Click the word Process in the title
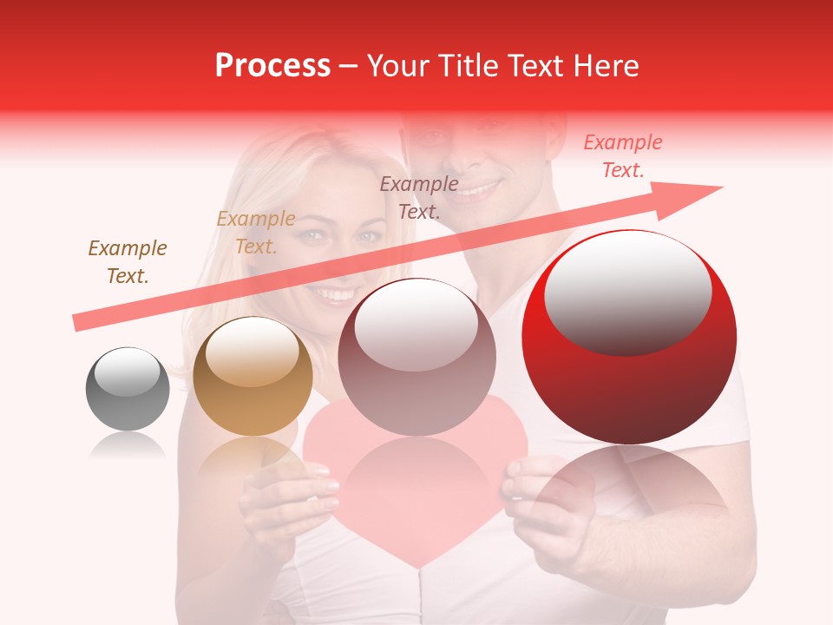pyautogui.click(x=272, y=66)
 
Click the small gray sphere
pyautogui.click(x=128, y=389)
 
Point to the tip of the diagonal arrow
pyautogui.click(x=720, y=187)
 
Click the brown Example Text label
pyautogui.click(x=128, y=262)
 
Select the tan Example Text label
pyautogui.click(x=255, y=233)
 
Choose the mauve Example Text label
pyautogui.click(x=419, y=197)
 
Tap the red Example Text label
pyautogui.click(x=622, y=156)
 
